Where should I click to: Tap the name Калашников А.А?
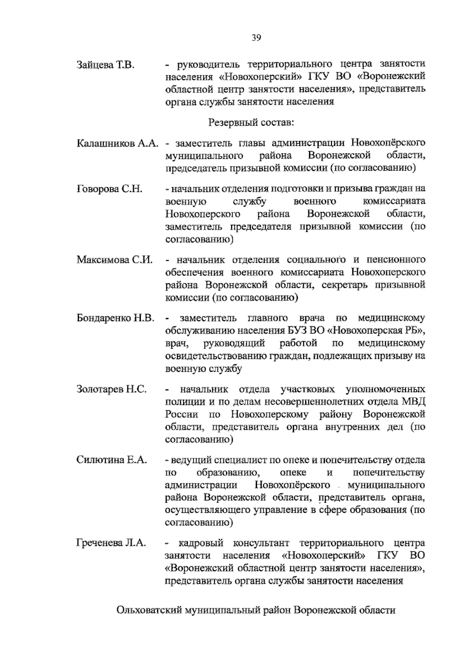pos(118,143)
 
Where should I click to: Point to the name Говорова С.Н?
pos(110,189)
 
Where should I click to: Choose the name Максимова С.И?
pos(115,260)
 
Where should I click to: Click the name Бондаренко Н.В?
pos(116,318)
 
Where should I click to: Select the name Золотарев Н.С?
pos(112,389)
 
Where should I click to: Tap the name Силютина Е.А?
pos(112,460)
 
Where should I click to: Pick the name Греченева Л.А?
pos(111,543)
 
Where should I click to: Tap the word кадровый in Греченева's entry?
pos(201,543)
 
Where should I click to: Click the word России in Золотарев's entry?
pos(182,415)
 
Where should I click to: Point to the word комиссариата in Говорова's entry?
pos(394,201)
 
